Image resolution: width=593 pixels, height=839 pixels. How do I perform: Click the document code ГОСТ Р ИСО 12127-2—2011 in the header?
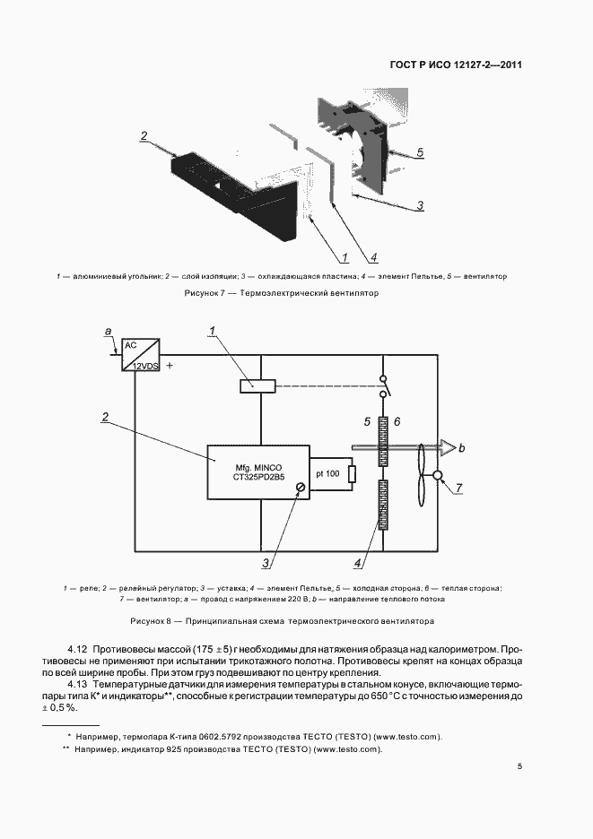pyautogui.click(x=457, y=65)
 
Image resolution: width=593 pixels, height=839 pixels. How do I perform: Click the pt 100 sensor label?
pyautogui.click(x=327, y=472)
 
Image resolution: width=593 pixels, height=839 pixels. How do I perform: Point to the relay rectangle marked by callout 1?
pyautogui.click(x=258, y=386)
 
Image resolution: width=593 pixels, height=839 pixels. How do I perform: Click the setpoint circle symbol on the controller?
pyautogui.click(x=301, y=488)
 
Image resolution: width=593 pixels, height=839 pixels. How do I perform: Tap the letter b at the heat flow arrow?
pyautogui.click(x=462, y=446)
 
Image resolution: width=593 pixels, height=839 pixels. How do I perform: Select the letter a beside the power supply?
pyautogui.click(x=109, y=333)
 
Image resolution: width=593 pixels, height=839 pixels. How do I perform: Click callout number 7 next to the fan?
pyautogui.click(x=458, y=489)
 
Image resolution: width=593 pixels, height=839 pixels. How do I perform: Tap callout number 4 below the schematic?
pyautogui.click(x=357, y=564)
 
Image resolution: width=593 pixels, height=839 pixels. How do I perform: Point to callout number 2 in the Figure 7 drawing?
pyautogui.click(x=144, y=136)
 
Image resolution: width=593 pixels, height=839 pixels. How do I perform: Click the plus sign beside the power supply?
pyautogui.click(x=169, y=366)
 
